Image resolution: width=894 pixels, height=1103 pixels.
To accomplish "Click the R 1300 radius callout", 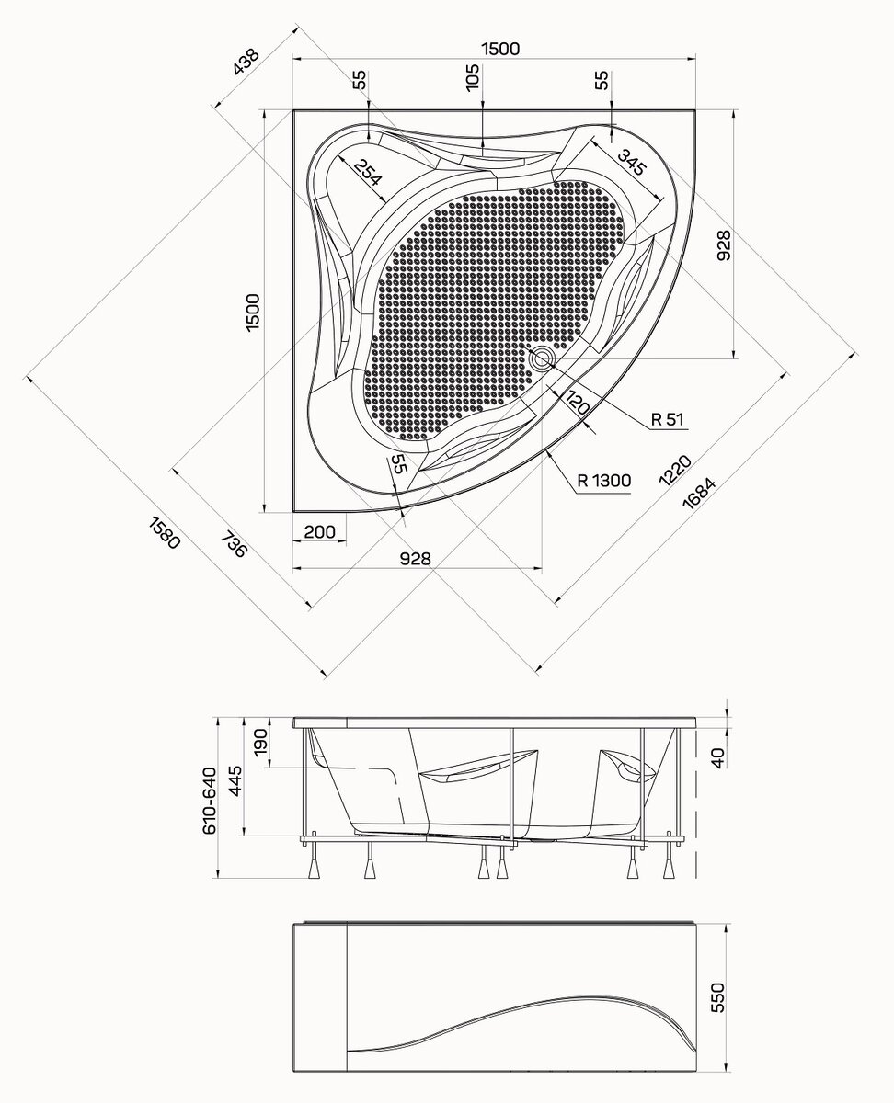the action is (603, 481).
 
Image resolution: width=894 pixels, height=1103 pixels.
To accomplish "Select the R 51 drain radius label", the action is (668, 418).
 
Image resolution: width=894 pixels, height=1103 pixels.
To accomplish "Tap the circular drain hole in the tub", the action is (542, 358).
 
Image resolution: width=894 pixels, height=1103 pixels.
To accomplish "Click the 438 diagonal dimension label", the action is (246, 62).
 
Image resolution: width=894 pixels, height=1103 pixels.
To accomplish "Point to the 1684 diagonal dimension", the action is (699, 493).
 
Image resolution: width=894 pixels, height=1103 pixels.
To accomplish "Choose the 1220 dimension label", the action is (675, 470).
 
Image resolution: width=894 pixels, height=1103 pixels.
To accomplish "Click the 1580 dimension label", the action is (165, 533).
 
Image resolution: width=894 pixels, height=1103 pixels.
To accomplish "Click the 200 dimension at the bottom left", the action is (319, 532).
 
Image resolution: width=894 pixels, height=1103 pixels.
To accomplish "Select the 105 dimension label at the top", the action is (472, 77).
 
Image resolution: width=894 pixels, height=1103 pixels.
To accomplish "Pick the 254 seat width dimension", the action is (368, 172).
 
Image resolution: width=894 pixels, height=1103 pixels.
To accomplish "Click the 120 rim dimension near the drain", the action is (577, 403).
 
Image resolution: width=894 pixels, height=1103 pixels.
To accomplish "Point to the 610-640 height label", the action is (209, 802).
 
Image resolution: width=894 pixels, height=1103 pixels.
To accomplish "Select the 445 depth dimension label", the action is (235, 782).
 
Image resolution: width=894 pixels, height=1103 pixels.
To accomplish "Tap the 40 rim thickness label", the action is (717, 758).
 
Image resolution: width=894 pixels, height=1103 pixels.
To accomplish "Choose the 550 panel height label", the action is (717, 998).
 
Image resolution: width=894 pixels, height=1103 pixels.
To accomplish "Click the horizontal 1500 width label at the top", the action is (500, 49).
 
